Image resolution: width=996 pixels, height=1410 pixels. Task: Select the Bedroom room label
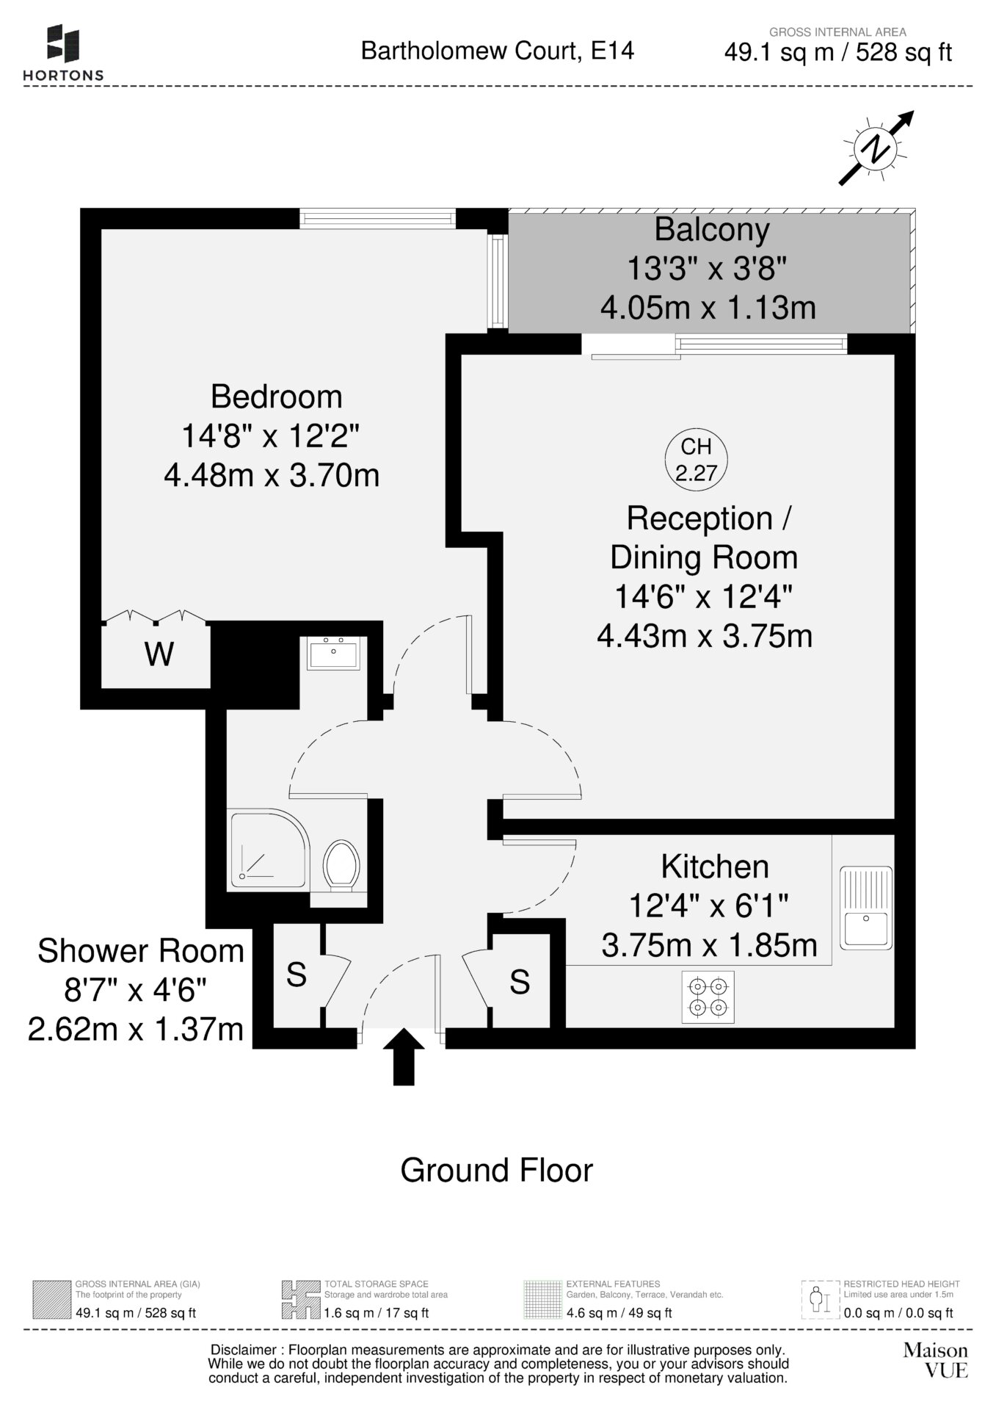[277, 397]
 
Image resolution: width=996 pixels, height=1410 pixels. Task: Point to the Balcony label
[712, 229]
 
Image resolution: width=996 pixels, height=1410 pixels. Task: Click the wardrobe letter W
[160, 654]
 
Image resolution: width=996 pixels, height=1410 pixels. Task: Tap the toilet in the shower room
[341, 866]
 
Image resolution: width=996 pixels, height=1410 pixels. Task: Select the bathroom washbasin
[334, 653]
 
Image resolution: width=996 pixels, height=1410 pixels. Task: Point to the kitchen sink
[865, 908]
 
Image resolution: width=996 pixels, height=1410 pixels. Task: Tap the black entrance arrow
[404, 1057]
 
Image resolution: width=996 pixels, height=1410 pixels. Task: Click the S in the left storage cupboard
[297, 975]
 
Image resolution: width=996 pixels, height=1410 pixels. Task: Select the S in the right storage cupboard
[520, 982]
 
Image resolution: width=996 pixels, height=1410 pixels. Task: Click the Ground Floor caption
[496, 1171]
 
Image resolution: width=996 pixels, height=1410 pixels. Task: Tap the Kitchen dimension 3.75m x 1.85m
[709, 944]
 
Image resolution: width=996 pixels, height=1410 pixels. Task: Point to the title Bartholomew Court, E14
[498, 51]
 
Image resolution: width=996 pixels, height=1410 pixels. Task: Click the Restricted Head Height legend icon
[820, 1300]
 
